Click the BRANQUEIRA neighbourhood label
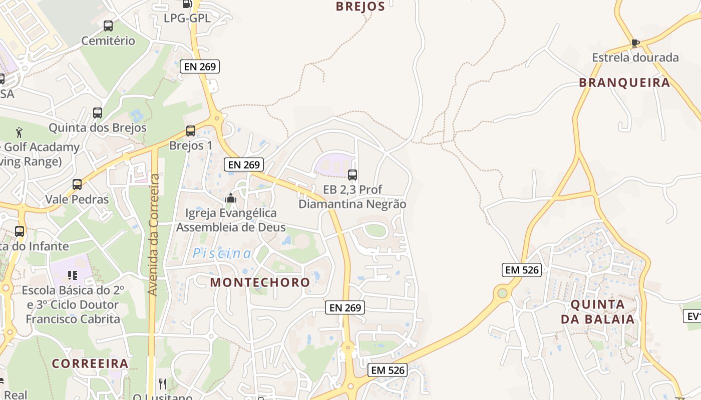pos(624,83)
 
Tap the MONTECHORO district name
pos(260,282)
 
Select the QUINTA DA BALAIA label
pos(597,311)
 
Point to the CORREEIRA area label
pos(90,363)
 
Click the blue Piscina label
pos(222,253)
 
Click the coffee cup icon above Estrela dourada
pos(635,43)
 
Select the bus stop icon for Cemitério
pos(108,26)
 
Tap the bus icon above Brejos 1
pos(190,131)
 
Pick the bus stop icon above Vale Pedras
pos(77,184)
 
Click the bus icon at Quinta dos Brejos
pos(97,113)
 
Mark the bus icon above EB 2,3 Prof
pos(352,175)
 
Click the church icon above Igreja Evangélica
pos(230,198)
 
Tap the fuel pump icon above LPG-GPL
pos(187,4)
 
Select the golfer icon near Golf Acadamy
pos(20,132)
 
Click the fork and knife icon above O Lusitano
pos(162,384)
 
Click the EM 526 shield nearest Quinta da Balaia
pos(522,270)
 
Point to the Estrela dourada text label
pos(635,57)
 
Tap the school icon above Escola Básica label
pos(73,275)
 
